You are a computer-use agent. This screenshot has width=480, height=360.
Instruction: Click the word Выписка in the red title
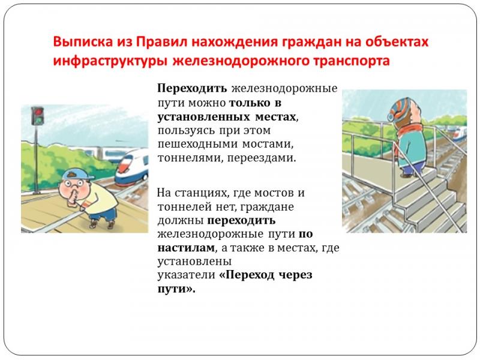coord(83,41)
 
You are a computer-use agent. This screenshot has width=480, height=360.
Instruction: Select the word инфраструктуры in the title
coord(110,61)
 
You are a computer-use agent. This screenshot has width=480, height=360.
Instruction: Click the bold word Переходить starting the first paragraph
coord(192,88)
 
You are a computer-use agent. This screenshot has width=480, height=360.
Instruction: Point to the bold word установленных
coord(203,116)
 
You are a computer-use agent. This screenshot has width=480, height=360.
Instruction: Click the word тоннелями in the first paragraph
coord(190,158)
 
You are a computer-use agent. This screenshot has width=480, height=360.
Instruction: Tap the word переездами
coord(262,158)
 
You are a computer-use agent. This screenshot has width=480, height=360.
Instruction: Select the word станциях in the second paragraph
coord(201,193)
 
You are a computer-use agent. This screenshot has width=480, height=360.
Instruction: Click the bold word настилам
coord(187,247)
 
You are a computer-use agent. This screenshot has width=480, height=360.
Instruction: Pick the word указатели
coord(187,275)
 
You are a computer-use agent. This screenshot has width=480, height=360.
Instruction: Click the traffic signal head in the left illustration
coord(38,116)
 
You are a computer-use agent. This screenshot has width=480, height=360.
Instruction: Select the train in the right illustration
coord(457,134)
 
